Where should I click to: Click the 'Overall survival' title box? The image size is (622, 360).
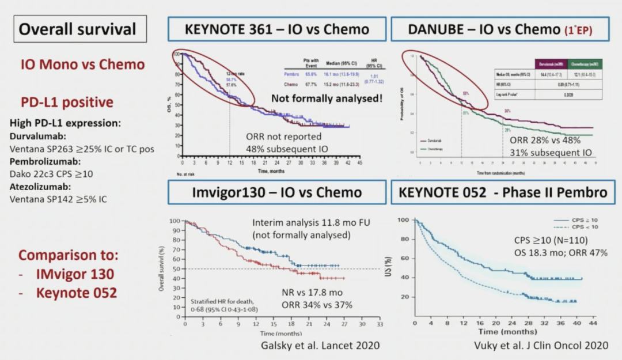78,29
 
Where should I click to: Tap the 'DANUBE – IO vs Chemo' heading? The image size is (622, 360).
499,29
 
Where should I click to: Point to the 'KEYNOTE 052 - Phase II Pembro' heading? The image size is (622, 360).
499,192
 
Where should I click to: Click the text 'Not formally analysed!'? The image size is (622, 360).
327,98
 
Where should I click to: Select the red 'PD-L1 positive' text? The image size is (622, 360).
67,103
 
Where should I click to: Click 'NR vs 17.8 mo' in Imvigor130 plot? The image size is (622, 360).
311,293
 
